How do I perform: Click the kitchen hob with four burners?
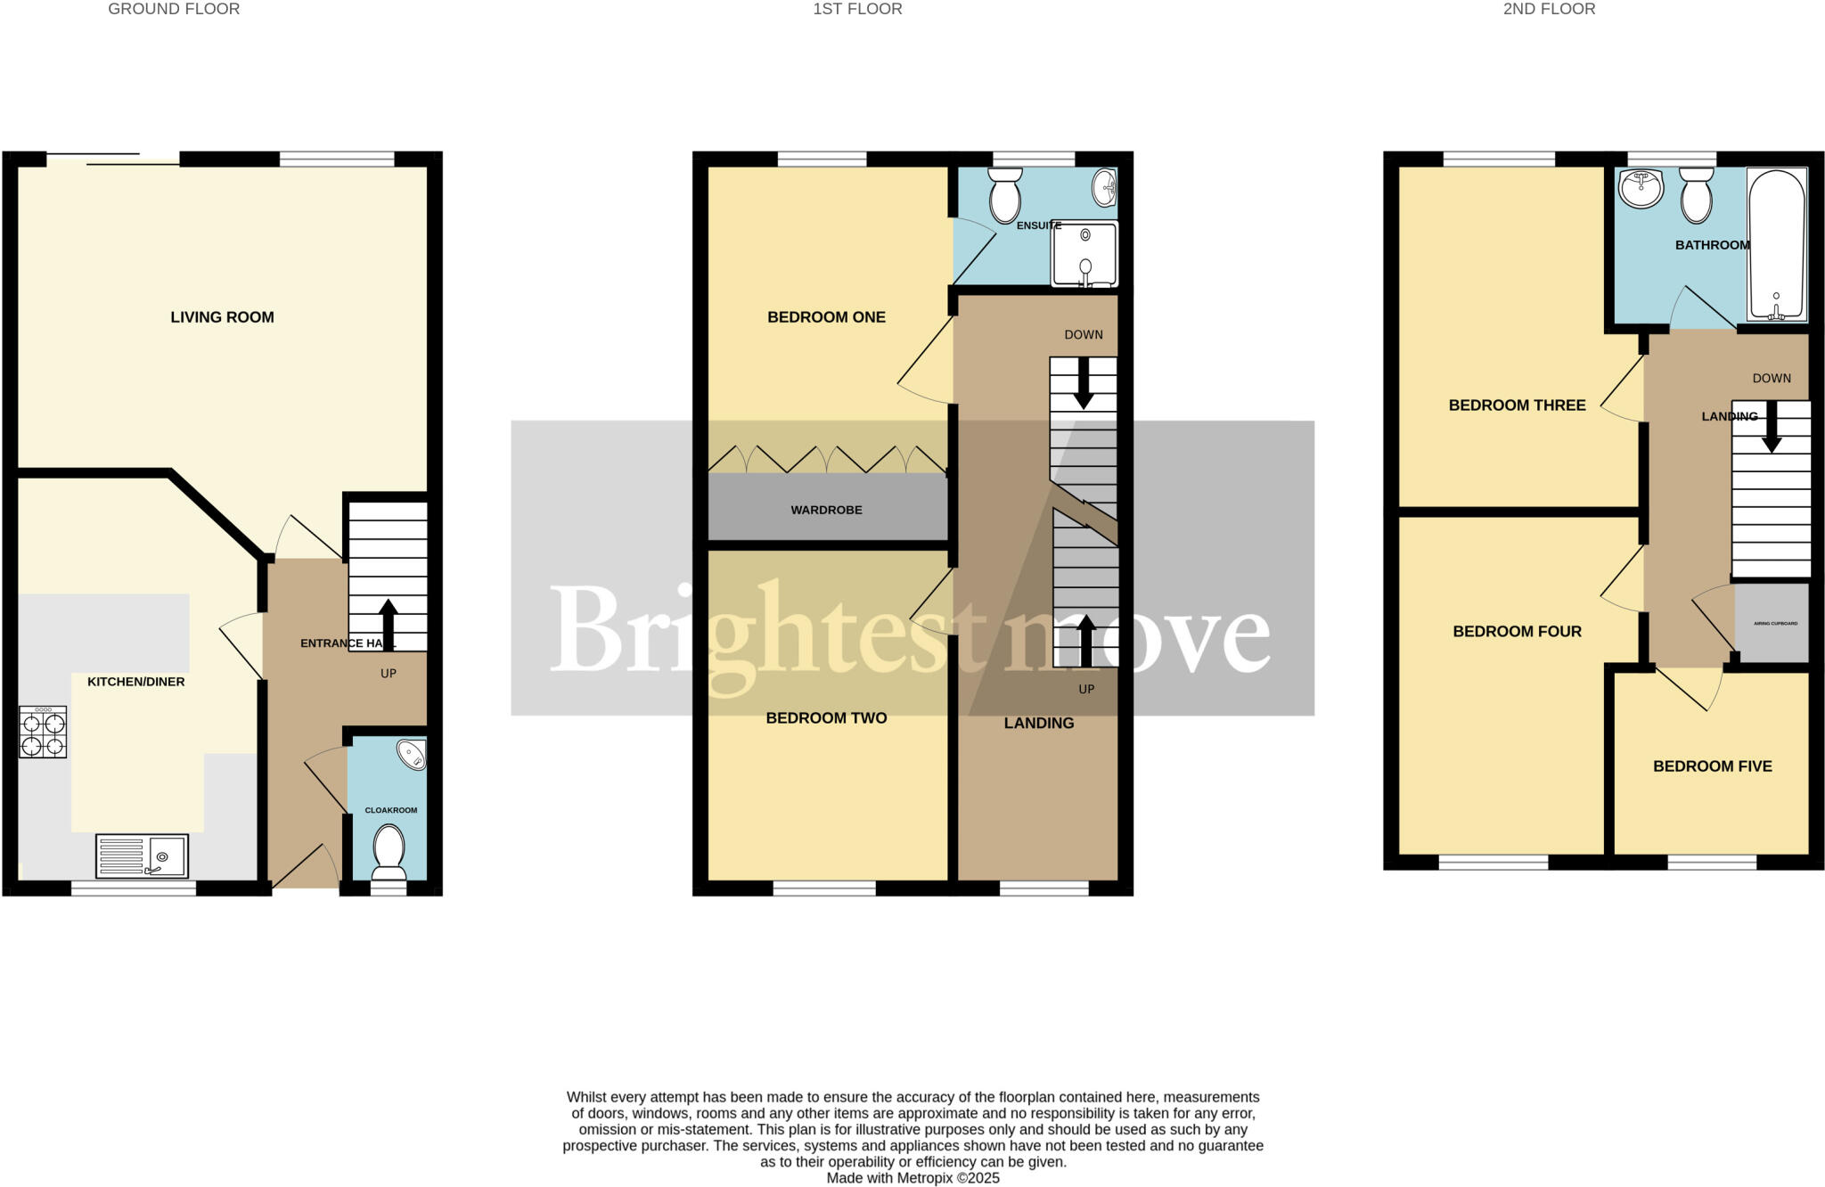pos(43,733)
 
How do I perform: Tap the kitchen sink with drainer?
pos(142,856)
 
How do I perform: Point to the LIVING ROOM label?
pos(222,317)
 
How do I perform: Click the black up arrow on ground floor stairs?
pos(388,624)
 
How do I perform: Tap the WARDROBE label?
pos(826,511)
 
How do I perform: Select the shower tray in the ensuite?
pos(1084,254)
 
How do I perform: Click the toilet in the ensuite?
pos(1005,195)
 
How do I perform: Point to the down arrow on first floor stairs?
pos(1083,384)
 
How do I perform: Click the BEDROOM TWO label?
pos(826,718)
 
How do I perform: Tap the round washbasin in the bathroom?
pos(1641,188)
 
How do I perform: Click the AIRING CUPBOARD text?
pos(1775,624)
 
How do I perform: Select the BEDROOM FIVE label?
pos(1712,766)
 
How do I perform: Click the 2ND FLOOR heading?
pos(1549,9)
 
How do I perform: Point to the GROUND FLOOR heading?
pos(174,9)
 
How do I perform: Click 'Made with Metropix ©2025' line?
pos(912,1178)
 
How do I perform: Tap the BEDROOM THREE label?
pos(1517,405)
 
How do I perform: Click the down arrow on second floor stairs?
pos(1771,427)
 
